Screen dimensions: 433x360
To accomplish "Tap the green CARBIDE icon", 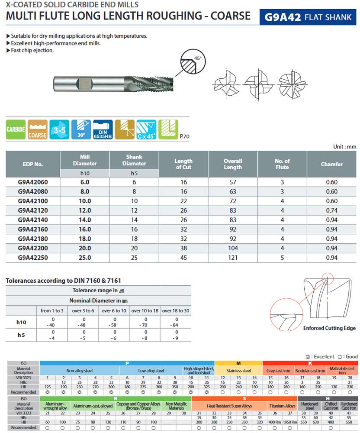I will click(16, 129).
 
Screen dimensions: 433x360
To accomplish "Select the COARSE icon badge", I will click(38, 129).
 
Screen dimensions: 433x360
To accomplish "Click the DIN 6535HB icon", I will click(103, 129).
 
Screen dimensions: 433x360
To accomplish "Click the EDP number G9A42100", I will click(33, 201).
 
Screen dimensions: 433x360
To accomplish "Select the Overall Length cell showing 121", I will click(233, 257).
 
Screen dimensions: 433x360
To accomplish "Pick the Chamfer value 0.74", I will click(331, 210).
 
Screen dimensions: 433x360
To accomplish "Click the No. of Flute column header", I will click(282, 164).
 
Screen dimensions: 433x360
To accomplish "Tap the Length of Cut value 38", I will click(183, 248).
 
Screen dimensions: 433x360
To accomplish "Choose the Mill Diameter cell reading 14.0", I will click(85, 220).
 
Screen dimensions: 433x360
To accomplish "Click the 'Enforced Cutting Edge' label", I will click(329, 328).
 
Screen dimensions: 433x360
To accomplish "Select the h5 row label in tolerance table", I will click(21, 334).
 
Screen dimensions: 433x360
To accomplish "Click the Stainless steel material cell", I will click(238, 371).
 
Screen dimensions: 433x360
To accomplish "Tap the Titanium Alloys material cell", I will click(282, 406).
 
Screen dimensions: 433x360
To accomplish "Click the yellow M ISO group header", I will click(238, 363).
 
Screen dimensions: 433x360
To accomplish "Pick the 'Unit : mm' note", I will click(344, 146).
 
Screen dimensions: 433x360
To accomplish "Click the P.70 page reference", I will click(184, 136).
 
